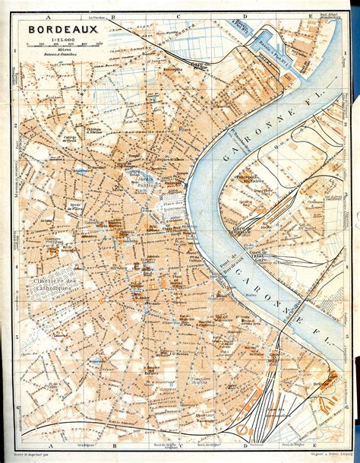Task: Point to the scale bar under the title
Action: pyautogui.click(x=58, y=46)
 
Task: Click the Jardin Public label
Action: pyautogui.click(x=142, y=179)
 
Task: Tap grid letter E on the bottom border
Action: pyautogui.click(x=311, y=449)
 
